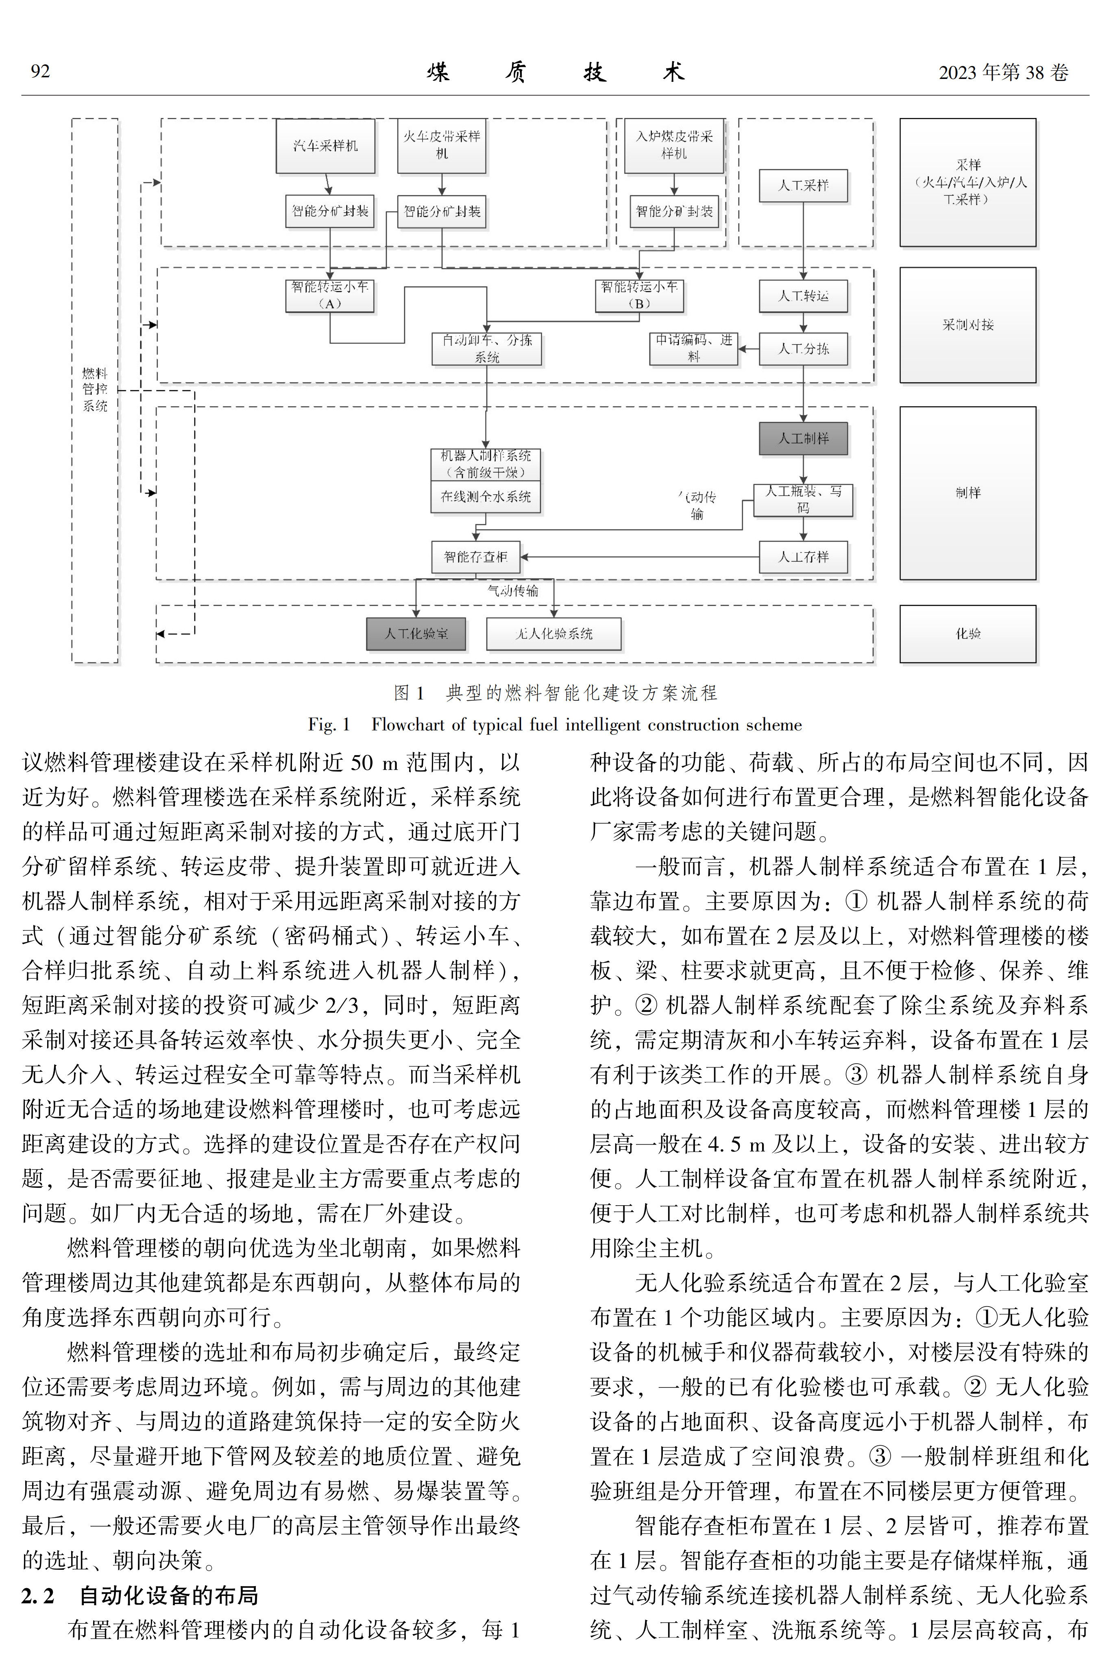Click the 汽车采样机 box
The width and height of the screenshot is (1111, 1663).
tap(325, 145)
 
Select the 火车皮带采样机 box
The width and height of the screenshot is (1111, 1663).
tap(441, 145)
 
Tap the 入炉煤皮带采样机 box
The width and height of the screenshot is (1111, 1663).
tap(674, 145)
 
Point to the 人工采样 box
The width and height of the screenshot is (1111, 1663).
tap(804, 186)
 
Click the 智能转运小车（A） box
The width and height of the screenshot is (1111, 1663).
tap(329, 295)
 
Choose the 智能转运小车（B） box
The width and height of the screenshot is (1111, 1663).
tap(639, 295)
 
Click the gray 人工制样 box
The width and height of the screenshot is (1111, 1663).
tap(804, 438)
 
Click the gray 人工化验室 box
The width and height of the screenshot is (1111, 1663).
tap(416, 634)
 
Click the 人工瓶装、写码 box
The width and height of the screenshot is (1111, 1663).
tap(804, 500)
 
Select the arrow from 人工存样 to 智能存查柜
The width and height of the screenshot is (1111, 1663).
tap(640, 557)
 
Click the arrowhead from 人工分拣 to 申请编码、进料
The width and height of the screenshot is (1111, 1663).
tap(743, 349)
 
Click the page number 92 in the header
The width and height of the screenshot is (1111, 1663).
tap(40, 72)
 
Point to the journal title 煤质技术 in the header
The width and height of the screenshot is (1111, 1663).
tap(556, 72)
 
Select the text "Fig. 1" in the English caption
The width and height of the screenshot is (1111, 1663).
tap(329, 724)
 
